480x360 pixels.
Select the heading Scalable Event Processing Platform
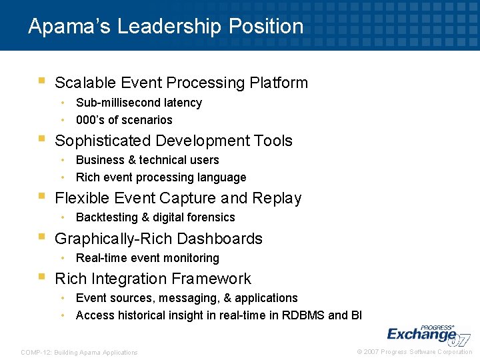pyautogui.click(x=181, y=83)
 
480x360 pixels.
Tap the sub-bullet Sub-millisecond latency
pyautogui.click(x=139, y=103)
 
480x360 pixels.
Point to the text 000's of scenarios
pyautogui.click(x=124, y=120)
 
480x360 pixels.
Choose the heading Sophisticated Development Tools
pyautogui.click(x=173, y=141)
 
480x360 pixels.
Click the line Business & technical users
pyautogui.click(x=147, y=160)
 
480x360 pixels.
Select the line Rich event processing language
pyautogui.click(x=161, y=177)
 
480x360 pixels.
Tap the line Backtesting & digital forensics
pyautogui.click(x=155, y=217)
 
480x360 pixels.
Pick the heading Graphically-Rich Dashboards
pyautogui.click(x=159, y=239)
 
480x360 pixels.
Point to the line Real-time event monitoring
pyautogui.click(x=147, y=258)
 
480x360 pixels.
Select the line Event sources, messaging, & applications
pyautogui.click(x=187, y=298)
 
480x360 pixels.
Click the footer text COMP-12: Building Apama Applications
pyautogui.click(x=79, y=352)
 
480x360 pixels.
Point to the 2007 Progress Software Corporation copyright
pyautogui.click(x=415, y=352)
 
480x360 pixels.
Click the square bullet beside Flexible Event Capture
pyautogui.click(x=41, y=197)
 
